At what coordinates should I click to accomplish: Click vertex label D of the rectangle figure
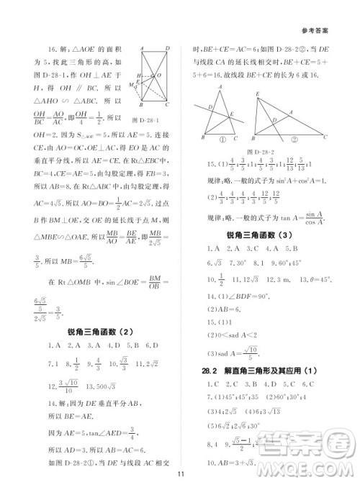168,50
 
